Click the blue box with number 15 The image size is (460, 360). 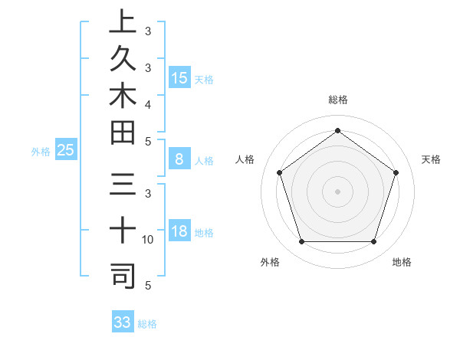[179, 77]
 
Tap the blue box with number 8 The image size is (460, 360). [179, 159]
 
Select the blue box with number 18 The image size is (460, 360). [179, 231]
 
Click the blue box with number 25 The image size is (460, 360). [65, 150]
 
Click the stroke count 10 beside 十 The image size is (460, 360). [148, 240]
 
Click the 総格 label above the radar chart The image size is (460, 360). [337, 100]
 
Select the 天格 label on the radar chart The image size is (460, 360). [431, 159]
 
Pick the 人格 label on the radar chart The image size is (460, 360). [245, 159]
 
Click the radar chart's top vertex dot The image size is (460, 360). [337, 129]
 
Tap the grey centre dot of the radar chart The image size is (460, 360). [337, 191]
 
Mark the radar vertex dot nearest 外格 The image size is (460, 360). [301, 242]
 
